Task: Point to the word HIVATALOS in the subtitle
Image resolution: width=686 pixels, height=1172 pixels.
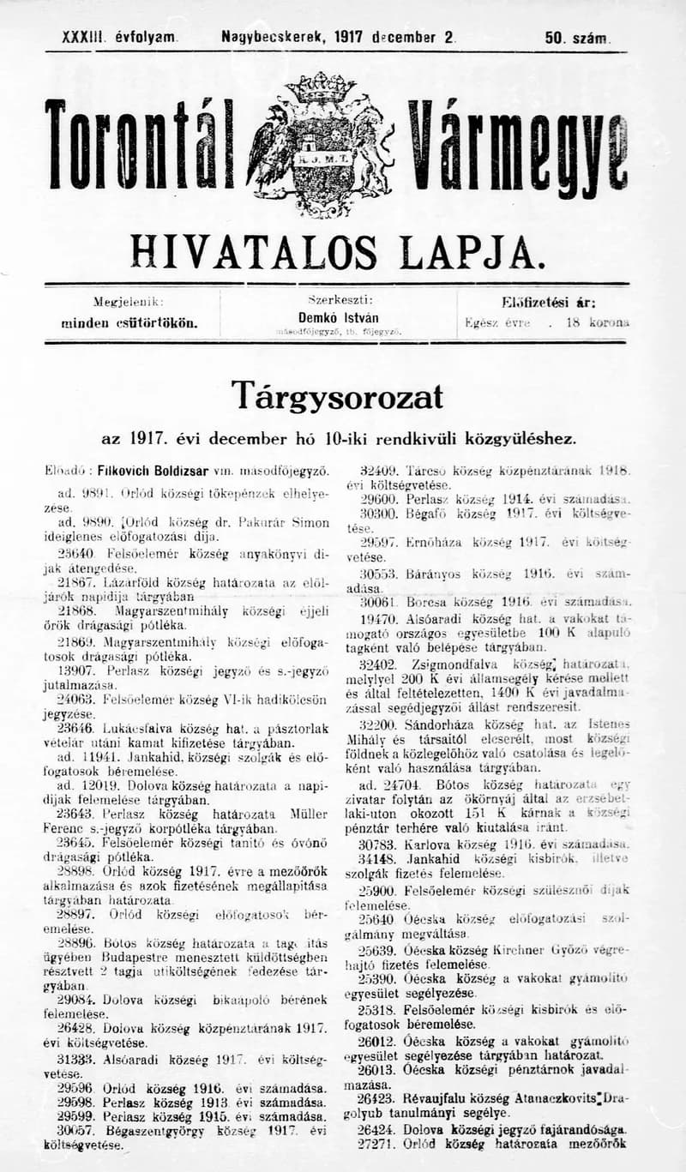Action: point(253,252)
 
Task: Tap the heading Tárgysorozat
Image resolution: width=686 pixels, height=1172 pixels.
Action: point(337,396)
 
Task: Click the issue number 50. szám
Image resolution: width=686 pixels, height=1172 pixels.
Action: point(576,38)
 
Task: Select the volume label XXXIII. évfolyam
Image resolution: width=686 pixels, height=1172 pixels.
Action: point(119,38)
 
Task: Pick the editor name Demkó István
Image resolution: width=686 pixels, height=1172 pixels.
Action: point(339,317)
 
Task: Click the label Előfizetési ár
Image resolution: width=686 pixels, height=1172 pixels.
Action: point(549,302)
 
